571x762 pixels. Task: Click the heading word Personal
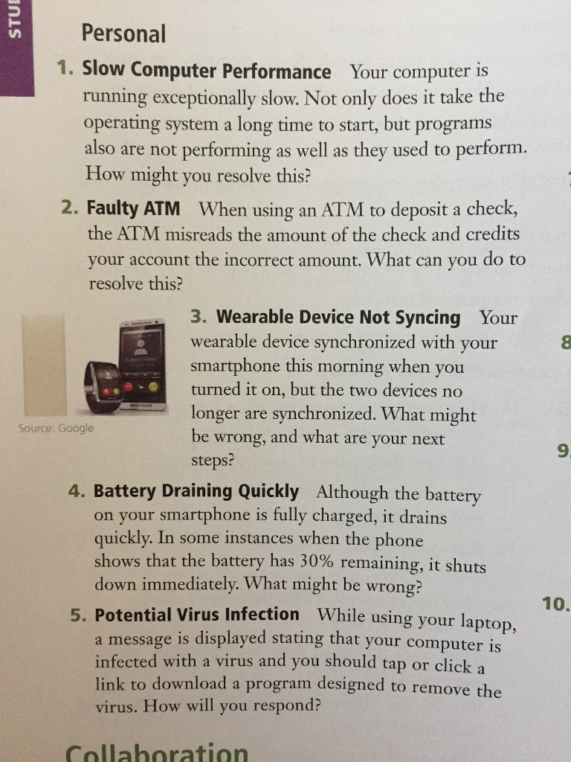(123, 33)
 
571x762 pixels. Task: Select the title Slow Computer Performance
(206, 71)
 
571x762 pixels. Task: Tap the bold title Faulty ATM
(133, 207)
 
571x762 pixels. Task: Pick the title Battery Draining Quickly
(196, 491)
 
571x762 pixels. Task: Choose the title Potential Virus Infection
(197, 615)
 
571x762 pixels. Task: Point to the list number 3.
(196, 317)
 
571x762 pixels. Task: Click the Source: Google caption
(57, 429)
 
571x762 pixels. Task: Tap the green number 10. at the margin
(555, 603)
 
